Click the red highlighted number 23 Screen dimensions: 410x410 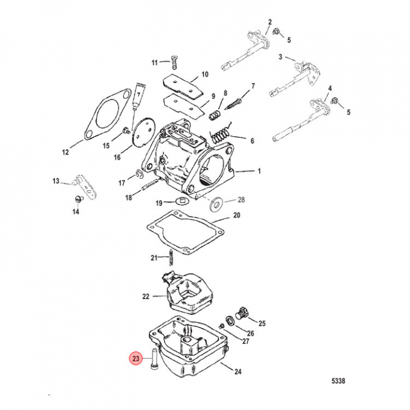[136, 358]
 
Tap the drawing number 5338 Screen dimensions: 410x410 [338, 381]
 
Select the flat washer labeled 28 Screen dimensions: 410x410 [216, 202]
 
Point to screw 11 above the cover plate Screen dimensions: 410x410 [174, 62]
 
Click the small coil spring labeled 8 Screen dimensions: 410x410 [215, 115]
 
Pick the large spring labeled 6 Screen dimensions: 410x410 [221, 135]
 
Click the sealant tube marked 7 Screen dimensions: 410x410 [137, 97]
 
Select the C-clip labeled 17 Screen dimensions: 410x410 [140, 174]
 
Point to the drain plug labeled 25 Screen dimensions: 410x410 [242, 313]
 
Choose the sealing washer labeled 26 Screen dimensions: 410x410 [230, 321]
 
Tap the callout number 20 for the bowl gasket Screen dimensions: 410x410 [237, 215]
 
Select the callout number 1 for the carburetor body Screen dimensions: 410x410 [259, 171]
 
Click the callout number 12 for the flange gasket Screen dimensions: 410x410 [65, 152]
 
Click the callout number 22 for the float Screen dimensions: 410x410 [146, 297]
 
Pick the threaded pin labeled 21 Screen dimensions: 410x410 [171, 257]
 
